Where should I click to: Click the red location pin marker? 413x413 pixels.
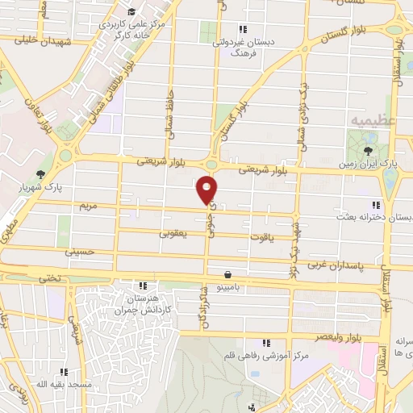click(x=208, y=190)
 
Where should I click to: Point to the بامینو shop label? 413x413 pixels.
click(x=230, y=286)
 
